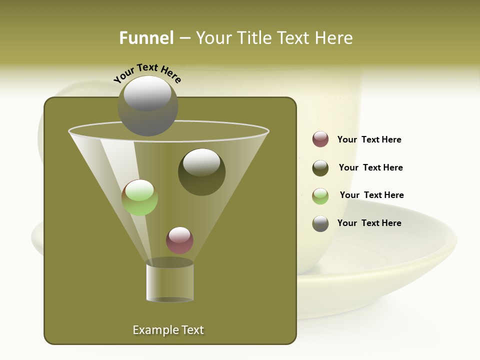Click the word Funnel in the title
(146, 38)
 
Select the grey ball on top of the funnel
(147, 106)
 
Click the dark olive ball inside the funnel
(201, 172)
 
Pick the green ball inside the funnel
(139, 197)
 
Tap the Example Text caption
(168, 330)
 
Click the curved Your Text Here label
(147, 72)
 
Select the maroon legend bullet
(320, 139)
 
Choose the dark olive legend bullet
(320, 168)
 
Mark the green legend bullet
(320, 196)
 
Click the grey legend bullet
(320, 223)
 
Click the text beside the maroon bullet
(369, 140)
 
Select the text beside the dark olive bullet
(370, 168)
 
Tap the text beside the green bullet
(371, 195)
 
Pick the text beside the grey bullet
(369, 223)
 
